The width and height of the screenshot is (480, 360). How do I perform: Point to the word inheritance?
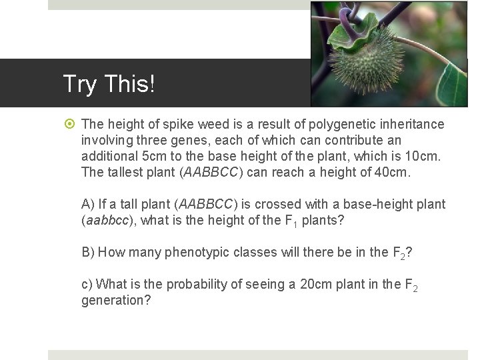click(x=409, y=125)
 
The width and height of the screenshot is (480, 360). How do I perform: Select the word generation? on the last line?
click(x=116, y=300)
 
